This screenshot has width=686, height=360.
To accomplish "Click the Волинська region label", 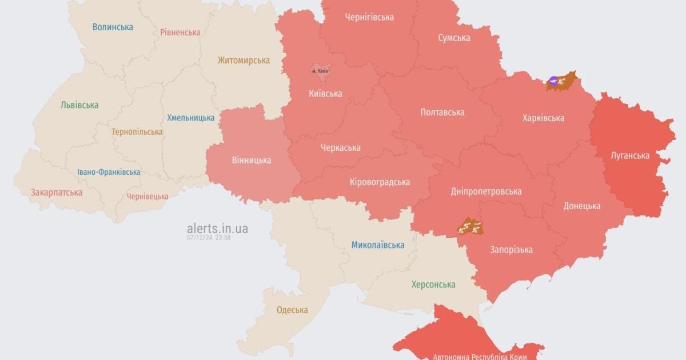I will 113,27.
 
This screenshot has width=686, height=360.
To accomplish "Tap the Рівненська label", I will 180,32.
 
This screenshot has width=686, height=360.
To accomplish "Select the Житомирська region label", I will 244,60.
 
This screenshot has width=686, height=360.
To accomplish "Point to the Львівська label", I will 79,105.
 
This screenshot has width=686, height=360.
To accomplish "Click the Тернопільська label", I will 137,132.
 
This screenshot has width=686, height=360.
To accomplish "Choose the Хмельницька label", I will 190,118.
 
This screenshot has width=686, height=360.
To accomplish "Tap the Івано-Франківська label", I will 109,172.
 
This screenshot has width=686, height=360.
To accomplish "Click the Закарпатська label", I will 57,193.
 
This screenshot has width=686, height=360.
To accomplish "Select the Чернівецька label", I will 147,196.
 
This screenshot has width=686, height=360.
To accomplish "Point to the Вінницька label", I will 252,161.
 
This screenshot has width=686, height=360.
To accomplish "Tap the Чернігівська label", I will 369,17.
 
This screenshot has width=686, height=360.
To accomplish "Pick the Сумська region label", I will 454,38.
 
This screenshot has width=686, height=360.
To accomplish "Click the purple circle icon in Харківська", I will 552,81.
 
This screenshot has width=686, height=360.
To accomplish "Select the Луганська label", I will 630,155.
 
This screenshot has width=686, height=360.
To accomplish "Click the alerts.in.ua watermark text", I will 218,229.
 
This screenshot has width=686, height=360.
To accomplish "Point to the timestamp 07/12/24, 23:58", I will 208,238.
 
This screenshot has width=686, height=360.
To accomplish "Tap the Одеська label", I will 292,310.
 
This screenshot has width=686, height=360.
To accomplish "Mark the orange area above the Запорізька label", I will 470,227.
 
